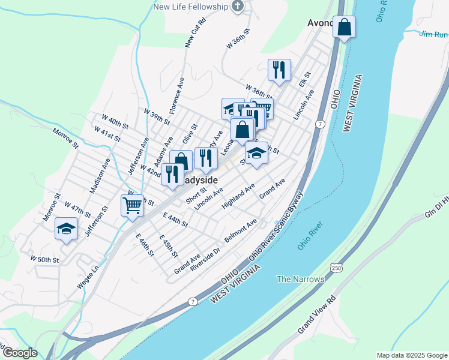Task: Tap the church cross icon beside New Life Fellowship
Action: [238, 7]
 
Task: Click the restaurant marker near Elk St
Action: [279, 70]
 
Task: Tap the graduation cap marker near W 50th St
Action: [67, 229]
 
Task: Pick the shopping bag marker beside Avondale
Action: [345, 27]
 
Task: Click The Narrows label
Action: [300, 279]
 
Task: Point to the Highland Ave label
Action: [238, 197]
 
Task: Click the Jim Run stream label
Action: [433, 34]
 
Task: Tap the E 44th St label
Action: [175, 220]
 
